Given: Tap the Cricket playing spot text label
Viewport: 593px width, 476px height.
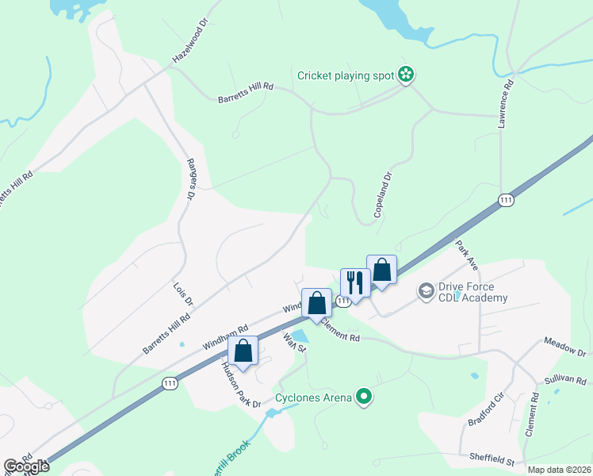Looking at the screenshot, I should (346, 76).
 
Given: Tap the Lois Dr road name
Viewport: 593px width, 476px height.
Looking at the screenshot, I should (183, 293).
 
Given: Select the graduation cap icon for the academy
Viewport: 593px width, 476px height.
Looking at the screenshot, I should (426, 292).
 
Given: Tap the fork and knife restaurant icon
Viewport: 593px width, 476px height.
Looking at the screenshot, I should (354, 282).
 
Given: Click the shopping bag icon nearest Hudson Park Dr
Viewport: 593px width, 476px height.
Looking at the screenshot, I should (243, 351).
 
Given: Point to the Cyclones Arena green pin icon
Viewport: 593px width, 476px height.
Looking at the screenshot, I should (364, 396).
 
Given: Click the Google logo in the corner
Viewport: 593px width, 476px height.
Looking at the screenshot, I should (26, 466).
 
